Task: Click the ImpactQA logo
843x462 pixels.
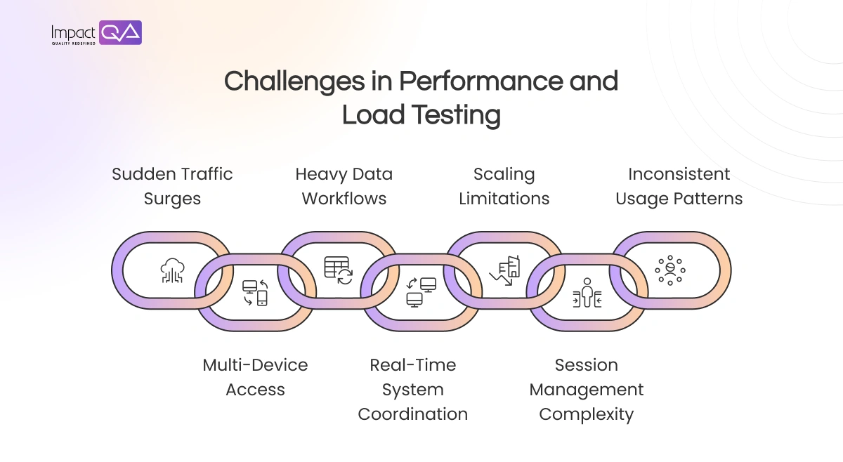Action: click(x=96, y=33)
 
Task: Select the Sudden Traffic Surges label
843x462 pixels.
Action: click(x=172, y=186)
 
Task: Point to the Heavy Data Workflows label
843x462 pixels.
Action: click(x=344, y=186)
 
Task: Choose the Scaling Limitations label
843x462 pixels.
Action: click(x=504, y=186)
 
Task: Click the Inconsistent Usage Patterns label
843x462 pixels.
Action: click(x=679, y=186)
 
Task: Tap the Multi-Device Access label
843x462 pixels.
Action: click(x=255, y=377)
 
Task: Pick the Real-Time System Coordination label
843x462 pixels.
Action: click(x=413, y=389)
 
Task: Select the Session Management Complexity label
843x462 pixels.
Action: click(x=587, y=389)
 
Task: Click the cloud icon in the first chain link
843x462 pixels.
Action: click(x=172, y=270)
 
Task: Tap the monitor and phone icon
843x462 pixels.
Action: click(x=255, y=293)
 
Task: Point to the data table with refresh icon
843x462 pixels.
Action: click(x=338, y=270)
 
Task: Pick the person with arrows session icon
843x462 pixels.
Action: click(x=587, y=293)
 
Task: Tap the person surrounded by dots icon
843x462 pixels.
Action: click(x=670, y=270)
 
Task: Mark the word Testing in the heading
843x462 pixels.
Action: click(x=460, y=115)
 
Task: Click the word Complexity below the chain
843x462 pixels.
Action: click(x=587, y=414)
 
